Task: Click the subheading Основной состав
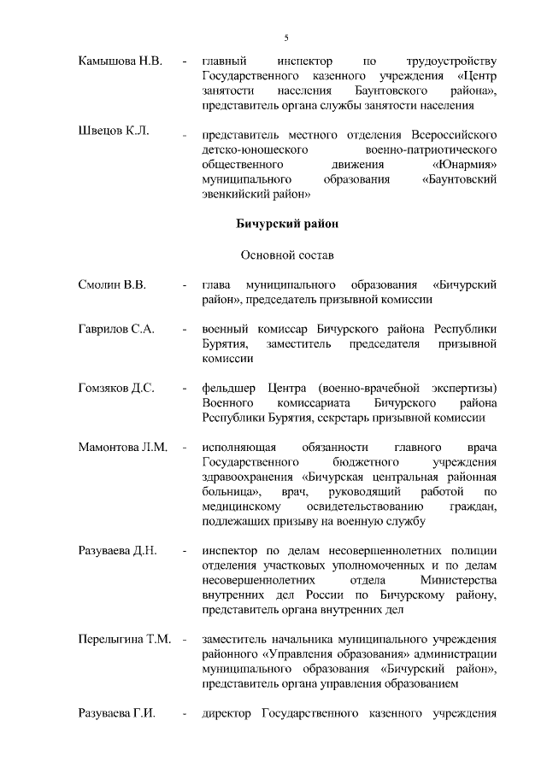285,255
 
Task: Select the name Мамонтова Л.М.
121,448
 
